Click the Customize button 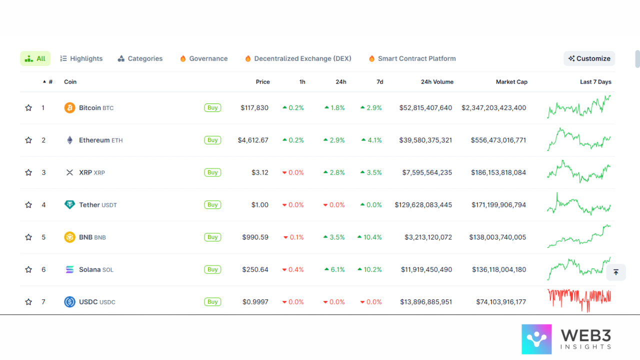click(589, 58)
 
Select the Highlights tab click(81, 58)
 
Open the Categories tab click(140, 58)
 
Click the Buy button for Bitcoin click(212, 107)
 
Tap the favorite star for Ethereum click(28, 140)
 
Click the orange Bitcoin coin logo click(69, 107)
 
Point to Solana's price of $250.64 click(255, 269)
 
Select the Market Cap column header click(511, 82)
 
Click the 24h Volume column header click(437, 82)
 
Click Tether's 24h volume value click(423, 204)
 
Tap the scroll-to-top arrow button click(616, 272)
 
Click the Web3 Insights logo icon click(536, 339)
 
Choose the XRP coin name click(85, 172)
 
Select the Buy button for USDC click(212, 302)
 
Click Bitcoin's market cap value click(493, 107)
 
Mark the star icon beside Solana click(28, 269)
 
